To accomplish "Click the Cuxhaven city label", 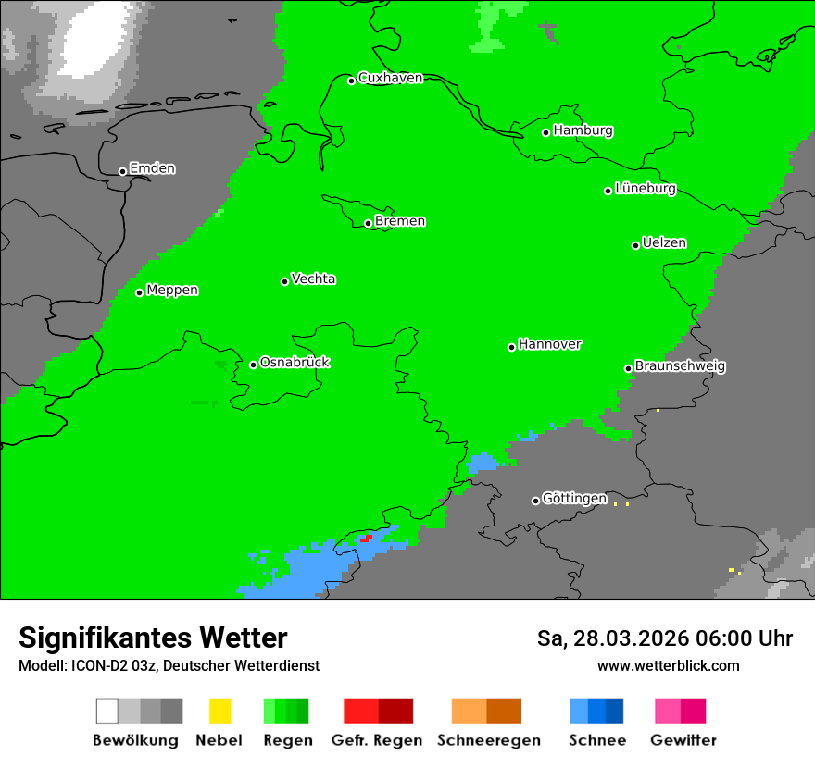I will coord(390,78).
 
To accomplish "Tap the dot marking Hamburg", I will coord(546,132).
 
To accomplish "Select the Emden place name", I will coord(152,168).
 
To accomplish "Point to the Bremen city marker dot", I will coord(368,223).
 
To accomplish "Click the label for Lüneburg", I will coord(646,189).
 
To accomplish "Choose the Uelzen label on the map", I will coord(664,243).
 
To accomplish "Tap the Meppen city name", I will coord(172,291).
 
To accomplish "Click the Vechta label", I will coord(313,279).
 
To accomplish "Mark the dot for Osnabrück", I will coord(253,365).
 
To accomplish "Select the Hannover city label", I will coord(549,344).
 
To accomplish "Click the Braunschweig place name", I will coord(680,366).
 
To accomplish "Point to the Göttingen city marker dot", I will coord(535,501).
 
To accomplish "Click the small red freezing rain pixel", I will coord(367,538).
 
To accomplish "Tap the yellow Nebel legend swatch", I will coord(219,711).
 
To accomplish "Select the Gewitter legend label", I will coord(683,740).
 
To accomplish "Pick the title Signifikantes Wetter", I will coord(153,638).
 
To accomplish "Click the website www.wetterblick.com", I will coord(668,665).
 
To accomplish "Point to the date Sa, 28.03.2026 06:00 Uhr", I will coord(664,638).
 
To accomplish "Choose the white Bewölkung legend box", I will coord(107,711).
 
